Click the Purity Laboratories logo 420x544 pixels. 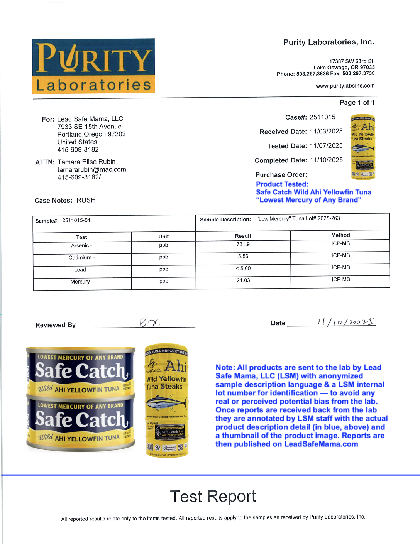point(93,66)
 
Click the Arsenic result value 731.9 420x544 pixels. point(243,244)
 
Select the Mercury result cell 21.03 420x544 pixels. point(243,280)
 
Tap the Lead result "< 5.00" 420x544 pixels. point(243,269)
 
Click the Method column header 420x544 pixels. point(340,235)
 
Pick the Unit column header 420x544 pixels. point(164,237)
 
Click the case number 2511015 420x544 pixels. point(322,117)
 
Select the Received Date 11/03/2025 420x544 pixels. point(326,131)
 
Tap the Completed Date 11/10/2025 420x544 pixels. point(326,160)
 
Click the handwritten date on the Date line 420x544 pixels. point(345,322)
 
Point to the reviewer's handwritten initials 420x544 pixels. point(149,323)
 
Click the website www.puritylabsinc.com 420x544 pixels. point(345,86)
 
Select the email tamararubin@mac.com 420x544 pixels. point(91,169)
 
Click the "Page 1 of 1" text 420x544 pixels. point(357,102)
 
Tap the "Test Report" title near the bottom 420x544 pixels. point(213,496)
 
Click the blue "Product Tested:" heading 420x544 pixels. point(282,184)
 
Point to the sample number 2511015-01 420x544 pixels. point(76,220)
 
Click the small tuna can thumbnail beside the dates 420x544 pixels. point(363,147)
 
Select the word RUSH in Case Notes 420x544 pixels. point(86,200)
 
